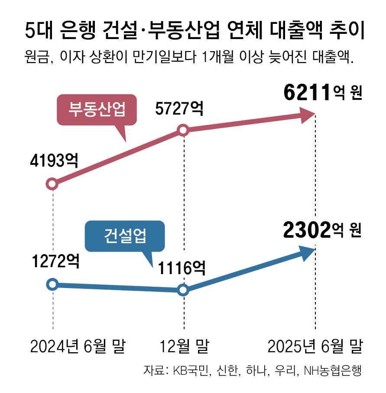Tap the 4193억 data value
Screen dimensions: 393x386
(54, 161)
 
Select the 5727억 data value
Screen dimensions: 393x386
(179, 108)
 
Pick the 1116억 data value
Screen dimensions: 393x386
(180, 269)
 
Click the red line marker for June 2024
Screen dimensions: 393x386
(52, 184)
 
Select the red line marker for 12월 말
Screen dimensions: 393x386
(183, 130)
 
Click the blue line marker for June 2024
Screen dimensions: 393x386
(52, 285)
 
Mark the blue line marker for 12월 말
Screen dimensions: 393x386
(183, 290)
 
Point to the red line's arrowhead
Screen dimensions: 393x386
(308, 115)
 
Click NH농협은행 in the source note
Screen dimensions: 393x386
(333, 371)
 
